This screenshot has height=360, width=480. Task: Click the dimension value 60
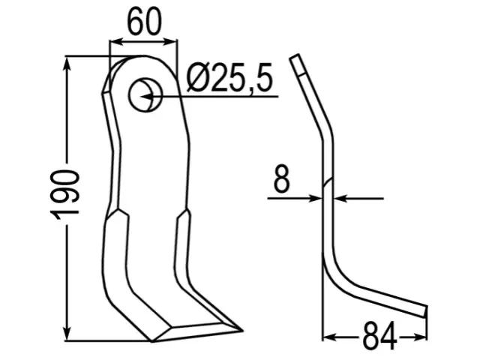(x=144, y=22)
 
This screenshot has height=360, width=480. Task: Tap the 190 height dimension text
(x=65, y=195)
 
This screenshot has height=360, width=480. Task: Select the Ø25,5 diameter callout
(x=229, y=79)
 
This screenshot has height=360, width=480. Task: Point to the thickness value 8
(x=281, y=178)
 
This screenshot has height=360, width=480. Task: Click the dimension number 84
(x=379, y=337)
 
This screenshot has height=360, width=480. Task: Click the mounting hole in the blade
(x=145, y=95)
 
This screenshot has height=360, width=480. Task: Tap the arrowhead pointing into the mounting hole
(x=147, y=97)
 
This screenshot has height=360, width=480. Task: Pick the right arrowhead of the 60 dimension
(x=170, y=42)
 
